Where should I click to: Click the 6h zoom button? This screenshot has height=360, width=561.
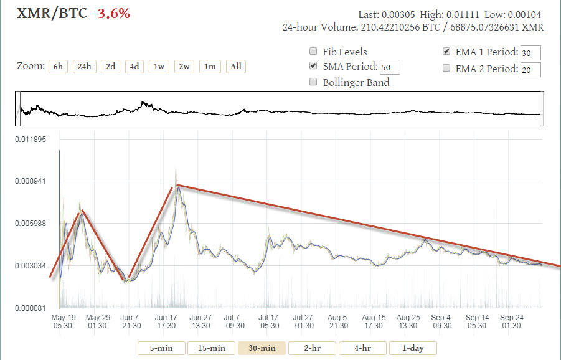[x=58, y=67]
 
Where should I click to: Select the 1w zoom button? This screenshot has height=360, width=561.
[x=158, y=67]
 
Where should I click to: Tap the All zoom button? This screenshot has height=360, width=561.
[x=235, y=67]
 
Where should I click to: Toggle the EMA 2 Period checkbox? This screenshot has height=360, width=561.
[x=446, y=69]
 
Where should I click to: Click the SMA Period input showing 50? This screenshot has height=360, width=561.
[x=390, y=67]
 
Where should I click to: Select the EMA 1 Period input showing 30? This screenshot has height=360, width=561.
[x=530, y=53]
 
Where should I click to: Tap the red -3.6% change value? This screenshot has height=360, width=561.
[x=111, y=12]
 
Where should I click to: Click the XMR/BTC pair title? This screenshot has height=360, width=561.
[x=47, y=12]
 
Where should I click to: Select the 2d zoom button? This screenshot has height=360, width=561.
[x=110, y=67]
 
